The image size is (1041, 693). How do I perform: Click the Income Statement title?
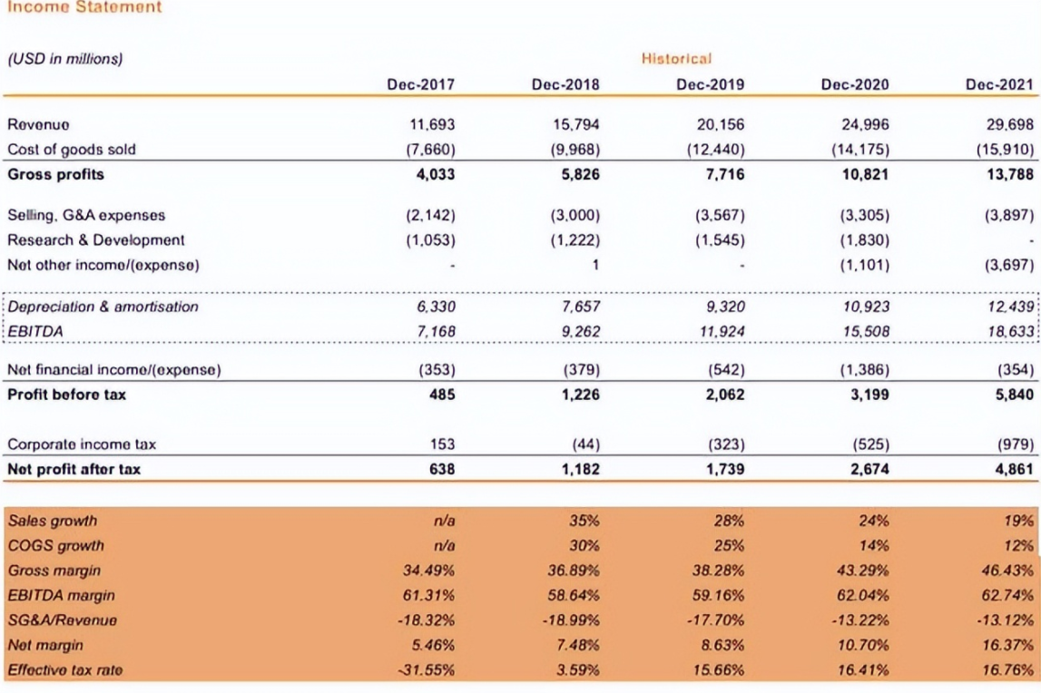point(84,7)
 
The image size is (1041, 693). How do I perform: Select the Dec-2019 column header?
point(710,85)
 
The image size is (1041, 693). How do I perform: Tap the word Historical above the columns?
point(676,59)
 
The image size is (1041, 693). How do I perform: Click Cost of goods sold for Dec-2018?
point(574,150)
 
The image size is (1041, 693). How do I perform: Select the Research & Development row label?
point(95,240)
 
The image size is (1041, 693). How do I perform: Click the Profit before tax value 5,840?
point(1014,395)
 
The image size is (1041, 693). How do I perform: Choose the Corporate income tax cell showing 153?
point(442,444)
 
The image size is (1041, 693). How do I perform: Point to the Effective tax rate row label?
point(64,670)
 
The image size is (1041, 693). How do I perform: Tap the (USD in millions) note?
point(64,59)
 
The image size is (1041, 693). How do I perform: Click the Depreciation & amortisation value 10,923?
point(866,307)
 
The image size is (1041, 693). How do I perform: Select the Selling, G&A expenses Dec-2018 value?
point(574,216)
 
